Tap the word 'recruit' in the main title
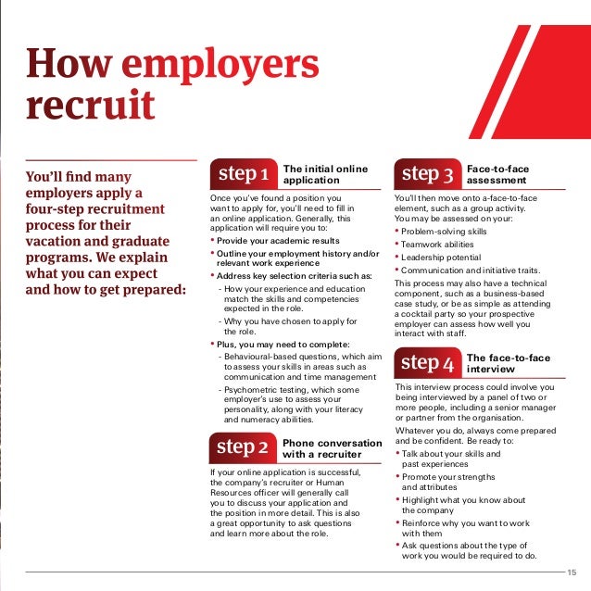click(x=91, y=105)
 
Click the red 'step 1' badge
click(x=244, y=174)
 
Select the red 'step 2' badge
click(x=243, y=447)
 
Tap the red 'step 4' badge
click(x=427, y=362)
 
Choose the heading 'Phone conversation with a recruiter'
click(x=331, y=448)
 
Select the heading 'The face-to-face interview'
click(x=508, y=362)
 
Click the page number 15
click(x=571, y=572)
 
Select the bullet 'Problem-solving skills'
click(x=444, y=231)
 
